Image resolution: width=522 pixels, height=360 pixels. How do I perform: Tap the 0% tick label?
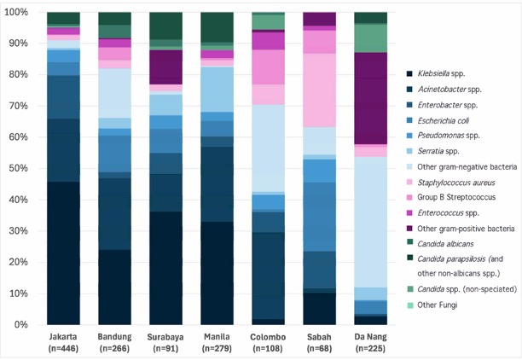(20, 324)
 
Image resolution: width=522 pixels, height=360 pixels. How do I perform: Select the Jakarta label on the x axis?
(63, 337)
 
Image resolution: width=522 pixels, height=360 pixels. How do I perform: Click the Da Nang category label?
(370, 337)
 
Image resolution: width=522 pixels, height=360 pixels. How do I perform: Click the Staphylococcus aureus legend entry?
(456, 183)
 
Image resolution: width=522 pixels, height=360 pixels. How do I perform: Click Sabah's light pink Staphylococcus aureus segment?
(319, 90)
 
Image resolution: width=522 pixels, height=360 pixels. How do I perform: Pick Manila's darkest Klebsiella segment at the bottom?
(217, 273)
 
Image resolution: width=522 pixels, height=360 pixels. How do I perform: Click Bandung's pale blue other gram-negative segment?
(114, 93)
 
